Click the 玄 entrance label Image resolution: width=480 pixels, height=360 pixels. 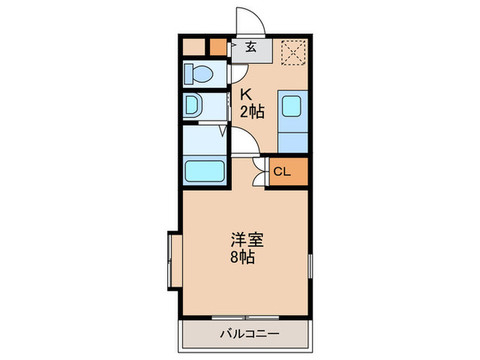[251, 47]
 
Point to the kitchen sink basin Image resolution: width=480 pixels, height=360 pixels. [293, 108]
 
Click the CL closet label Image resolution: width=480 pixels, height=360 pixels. [283, 172]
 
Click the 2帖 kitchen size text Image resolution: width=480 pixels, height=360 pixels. [251, 112]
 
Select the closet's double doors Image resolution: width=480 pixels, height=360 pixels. [258, 172]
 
